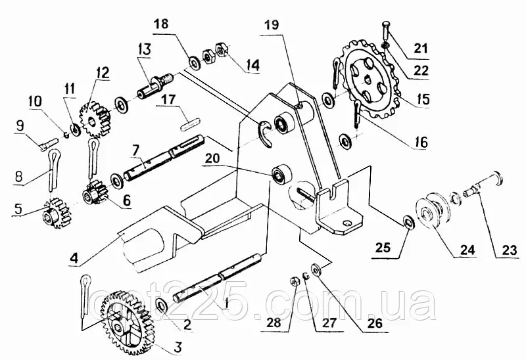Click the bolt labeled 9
(x=45, y=140)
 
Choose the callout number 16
(x=421, y=141)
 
